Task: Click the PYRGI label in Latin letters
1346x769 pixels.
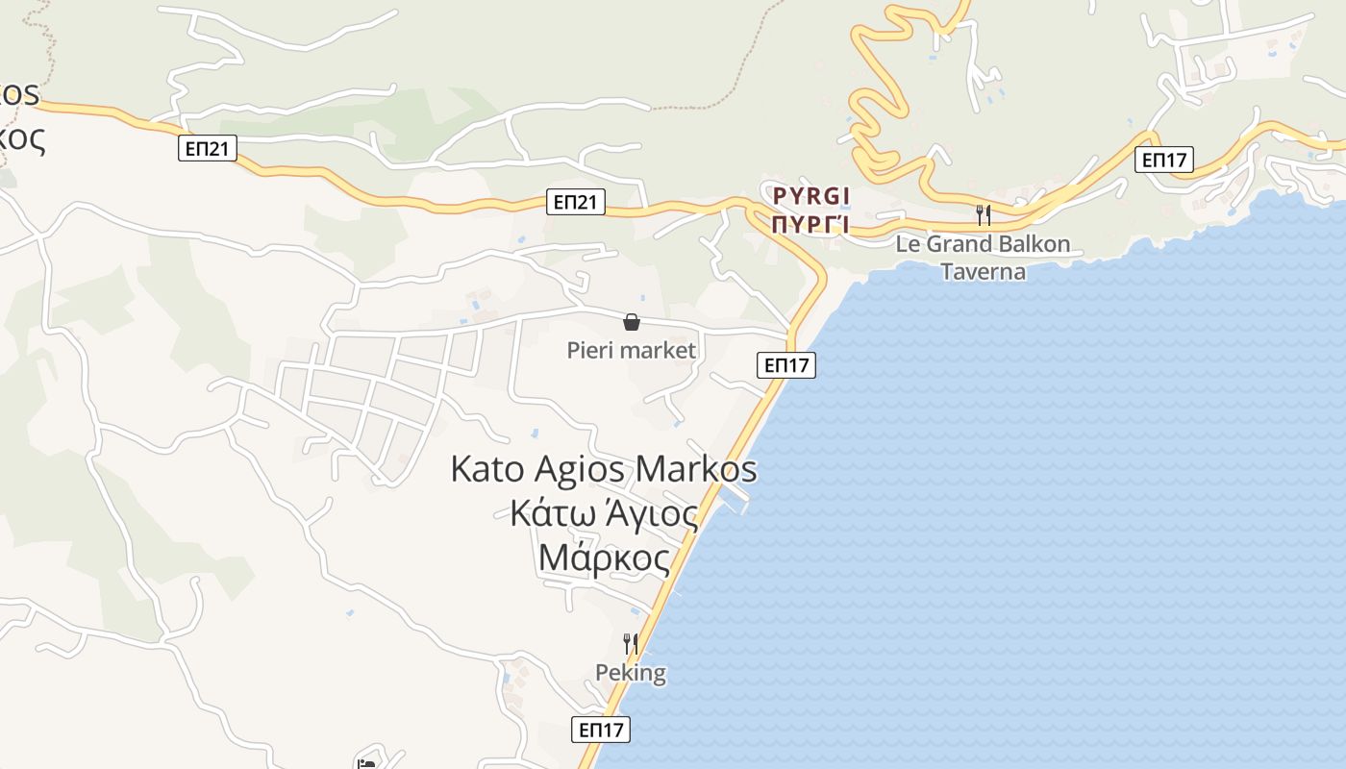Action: tap(811, 196)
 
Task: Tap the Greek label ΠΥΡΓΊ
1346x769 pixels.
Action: tap(811, 225)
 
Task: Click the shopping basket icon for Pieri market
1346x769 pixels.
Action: tap(632, 322)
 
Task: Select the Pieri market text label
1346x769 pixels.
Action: tap(631, 350)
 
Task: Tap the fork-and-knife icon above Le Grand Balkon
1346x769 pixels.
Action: tap(983, 214)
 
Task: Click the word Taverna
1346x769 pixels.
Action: tap(983, 271)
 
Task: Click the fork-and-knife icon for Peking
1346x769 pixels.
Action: tap(631, 643)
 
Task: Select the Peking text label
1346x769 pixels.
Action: tap(631, 672)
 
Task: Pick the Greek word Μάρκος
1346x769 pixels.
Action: tap(604, 557)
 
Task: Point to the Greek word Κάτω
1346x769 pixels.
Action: tap(544, 513)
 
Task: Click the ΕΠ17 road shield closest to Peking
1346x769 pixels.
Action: tap(602, 730)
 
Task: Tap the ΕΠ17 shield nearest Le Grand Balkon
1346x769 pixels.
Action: tap(1163, 160)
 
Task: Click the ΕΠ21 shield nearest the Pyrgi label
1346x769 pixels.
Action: tap(576, 202)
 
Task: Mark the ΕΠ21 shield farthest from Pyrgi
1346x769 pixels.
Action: tap(208, 148)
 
